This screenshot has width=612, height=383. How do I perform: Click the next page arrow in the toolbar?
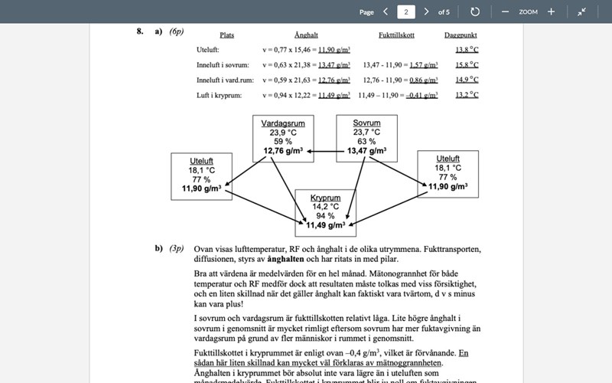(x=426, y=11)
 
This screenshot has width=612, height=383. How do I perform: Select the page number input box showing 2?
(x=405, y=11)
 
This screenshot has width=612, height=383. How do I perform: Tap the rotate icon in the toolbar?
(x=475, y=11)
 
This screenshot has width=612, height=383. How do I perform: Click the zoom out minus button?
(x=505, y=11)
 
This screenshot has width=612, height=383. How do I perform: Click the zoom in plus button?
(x=551, y=11)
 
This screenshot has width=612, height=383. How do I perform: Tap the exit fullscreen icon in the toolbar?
(x=582, y=11)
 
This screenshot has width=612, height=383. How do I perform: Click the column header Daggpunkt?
(x=461, y=35)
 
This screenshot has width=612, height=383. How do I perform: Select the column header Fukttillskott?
(x=397, y=35)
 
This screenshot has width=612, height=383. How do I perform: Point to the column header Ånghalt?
(x=306, y=35)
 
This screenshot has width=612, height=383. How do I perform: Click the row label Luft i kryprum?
(x=220, y=95)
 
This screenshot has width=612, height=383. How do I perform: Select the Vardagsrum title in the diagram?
(x=283, y=123)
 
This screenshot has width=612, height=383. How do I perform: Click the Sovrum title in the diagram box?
(x=366, y=123)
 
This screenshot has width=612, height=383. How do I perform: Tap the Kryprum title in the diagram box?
(x=325, y=198)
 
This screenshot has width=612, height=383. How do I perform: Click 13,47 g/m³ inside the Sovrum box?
(x=366, y=151)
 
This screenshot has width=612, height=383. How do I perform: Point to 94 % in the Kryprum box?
(x=325, y=216)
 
